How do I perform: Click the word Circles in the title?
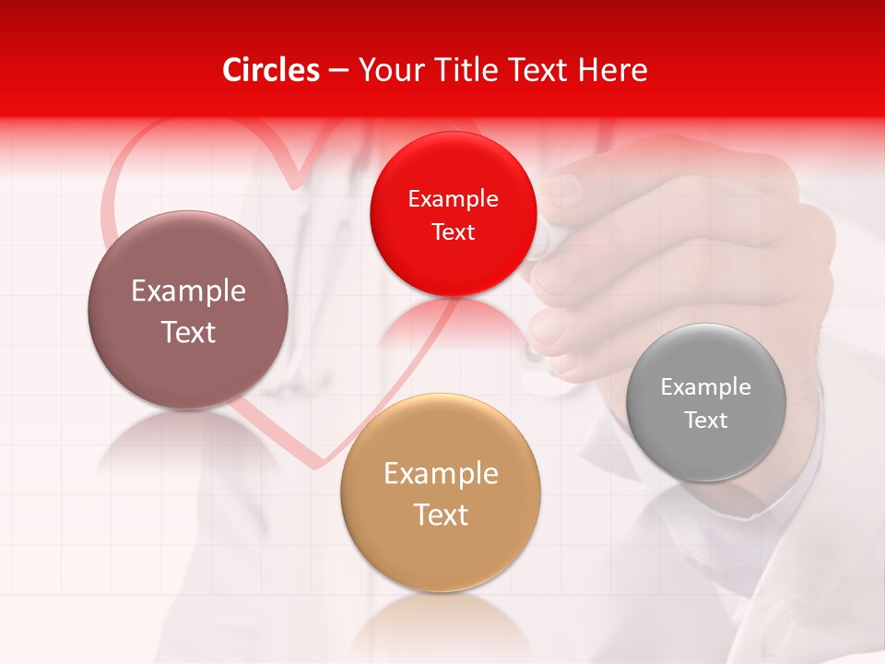(271, 70)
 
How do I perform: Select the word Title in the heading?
(470, 70)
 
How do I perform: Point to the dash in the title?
(338, 71)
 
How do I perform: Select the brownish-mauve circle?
(188, 310)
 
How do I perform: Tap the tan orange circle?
(441, 492)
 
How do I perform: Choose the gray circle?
(705, 402)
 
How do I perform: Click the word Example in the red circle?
(453, 199)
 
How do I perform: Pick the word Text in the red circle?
(453, 232)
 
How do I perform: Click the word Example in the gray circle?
(705, 387)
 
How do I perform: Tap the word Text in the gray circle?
(705, 421)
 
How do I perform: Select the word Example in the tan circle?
(441, 474)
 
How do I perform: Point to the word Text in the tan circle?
(441, 515)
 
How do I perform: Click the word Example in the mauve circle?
(188, 291)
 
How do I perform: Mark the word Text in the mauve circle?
(188, 332)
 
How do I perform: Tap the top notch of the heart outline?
(299, 175)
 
